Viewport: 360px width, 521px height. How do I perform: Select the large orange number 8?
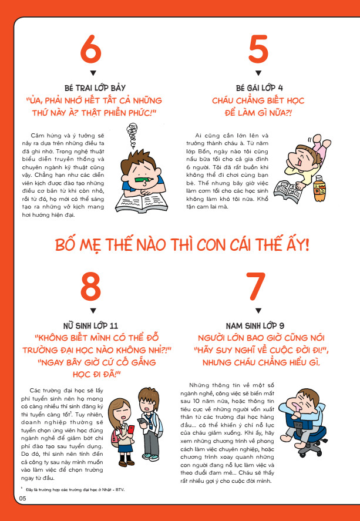(x=90, y=287)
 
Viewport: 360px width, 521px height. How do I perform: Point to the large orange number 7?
(x=255, y=287)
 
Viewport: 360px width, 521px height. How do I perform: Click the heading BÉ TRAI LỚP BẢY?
(x=95, y=88)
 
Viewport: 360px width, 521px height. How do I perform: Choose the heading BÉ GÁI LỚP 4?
(x=260, y=88)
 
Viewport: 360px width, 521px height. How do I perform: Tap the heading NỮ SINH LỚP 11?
(x=90, y=325)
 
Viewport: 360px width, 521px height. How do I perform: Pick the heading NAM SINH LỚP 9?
(x=255, y=325)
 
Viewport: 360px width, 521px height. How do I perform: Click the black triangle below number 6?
(x=93, y=73)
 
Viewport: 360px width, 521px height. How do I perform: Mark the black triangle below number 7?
(x=258, y=311)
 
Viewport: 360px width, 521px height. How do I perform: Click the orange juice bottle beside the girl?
(x=319, y=188)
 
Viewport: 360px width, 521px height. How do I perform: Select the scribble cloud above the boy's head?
(x=133, y=135)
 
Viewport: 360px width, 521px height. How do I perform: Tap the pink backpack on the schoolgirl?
(x=115, y=438)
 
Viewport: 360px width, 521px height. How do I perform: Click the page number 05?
(x=22, y=498)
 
